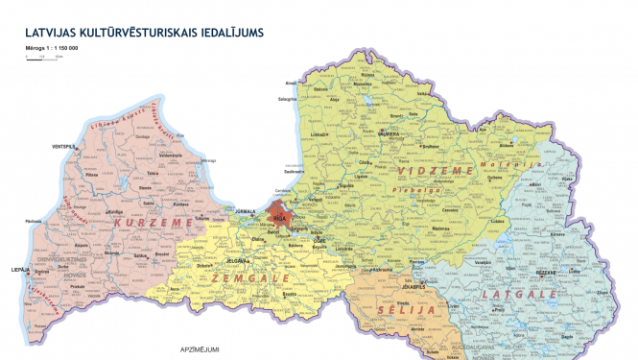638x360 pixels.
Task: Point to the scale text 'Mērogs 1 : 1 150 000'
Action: pyautogui.click(x=53, y=48)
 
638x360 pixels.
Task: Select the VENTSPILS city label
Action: pyautogui.click(x=64, y=146)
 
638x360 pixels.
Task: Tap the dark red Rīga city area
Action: pyautogui.click(x=279, y=213)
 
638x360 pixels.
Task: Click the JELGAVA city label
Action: pyautogui.click(x=237, y=260)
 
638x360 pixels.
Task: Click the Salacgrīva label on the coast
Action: pyautogui.click(x=287, y=98)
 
